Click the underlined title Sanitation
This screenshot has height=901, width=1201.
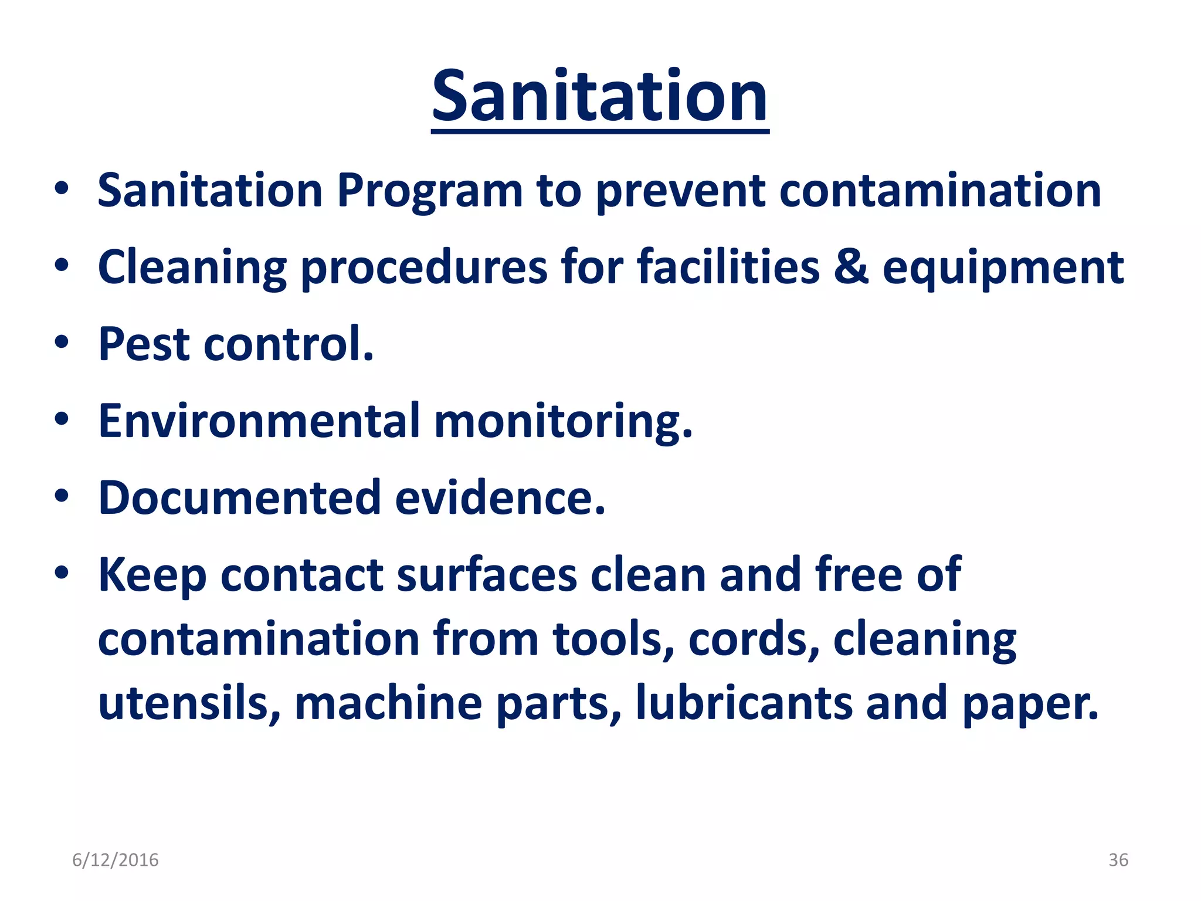(x=599, y=97)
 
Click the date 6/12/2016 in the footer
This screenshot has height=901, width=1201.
(x=116, y=860)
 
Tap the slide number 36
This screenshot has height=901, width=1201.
(x=1118, y=860)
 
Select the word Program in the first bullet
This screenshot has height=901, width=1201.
(x=429, y=191)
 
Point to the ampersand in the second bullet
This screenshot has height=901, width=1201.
(x=850, y=267)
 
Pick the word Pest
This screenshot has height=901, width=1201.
(x=143, y=344)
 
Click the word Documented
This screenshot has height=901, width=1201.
(x=239, y=498)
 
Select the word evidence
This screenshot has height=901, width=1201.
(x=500, y=498)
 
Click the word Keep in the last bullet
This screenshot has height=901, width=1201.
(x=152, y=576)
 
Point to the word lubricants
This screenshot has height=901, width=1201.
(x=744, y=703)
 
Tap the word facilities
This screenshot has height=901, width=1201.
(x=728, y=267)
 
